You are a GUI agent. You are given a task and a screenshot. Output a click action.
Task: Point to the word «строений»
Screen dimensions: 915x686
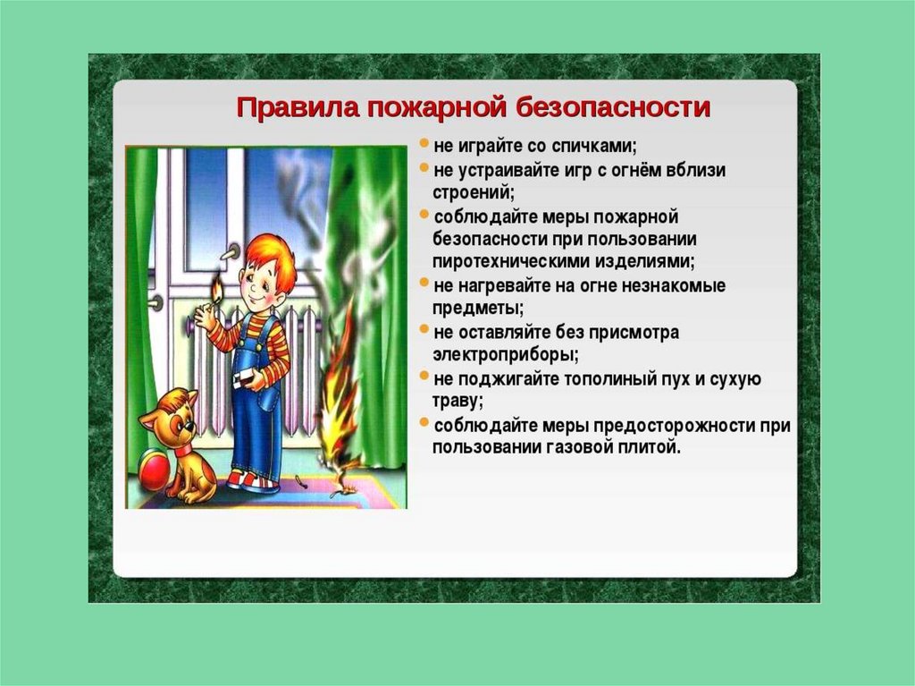pos(474,192)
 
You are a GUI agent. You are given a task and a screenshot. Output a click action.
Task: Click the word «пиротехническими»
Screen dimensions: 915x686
pos(511,260)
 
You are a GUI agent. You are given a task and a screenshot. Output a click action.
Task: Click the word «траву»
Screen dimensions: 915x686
pos(457,402)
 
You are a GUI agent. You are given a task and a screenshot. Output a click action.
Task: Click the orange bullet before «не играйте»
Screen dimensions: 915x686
pos(424,143)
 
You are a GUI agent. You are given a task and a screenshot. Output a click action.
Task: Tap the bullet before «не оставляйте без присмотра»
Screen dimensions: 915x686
pos(424,329)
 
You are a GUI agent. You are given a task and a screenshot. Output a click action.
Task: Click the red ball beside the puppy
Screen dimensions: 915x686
pos(153,469)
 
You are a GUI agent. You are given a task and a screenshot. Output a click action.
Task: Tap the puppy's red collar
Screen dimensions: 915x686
pos(182,451)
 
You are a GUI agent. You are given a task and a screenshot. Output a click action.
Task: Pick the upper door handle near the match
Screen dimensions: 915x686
pos(231,252)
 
